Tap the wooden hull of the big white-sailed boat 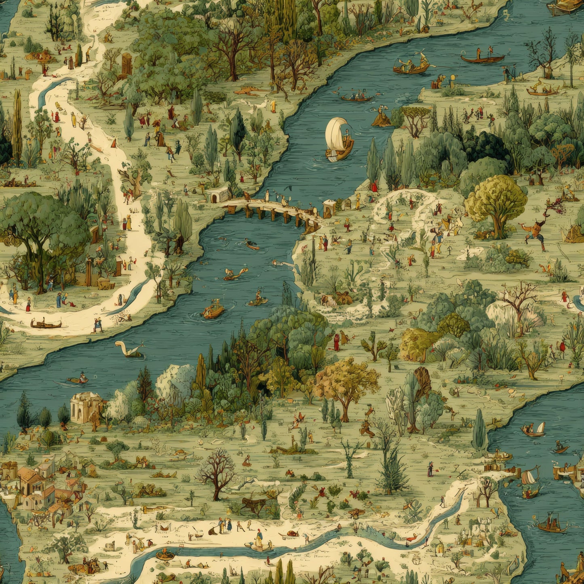tap(340, 153)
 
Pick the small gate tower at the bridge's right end tap(329, 208)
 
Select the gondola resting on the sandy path tap(46, 324)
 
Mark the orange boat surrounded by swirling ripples tap(213, 310)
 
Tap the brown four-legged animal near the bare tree tap(254, 504)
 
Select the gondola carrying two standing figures tap(483, 58)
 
